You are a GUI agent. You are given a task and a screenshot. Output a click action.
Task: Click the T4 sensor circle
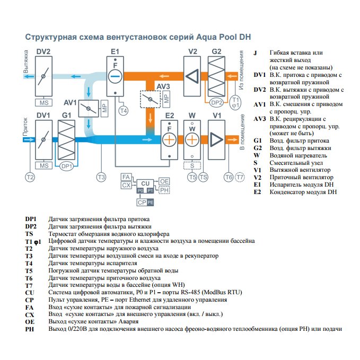123,111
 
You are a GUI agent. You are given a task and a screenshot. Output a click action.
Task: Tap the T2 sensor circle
30,177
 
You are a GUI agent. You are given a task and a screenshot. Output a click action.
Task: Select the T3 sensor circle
101,177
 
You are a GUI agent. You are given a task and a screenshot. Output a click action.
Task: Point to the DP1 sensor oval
66,166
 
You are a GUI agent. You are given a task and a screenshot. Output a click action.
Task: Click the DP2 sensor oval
216,102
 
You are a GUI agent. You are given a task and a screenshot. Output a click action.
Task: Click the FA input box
126,177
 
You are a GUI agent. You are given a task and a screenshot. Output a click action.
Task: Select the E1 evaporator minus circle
116,77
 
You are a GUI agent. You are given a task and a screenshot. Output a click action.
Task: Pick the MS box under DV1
43,166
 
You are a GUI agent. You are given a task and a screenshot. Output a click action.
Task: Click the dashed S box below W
192,166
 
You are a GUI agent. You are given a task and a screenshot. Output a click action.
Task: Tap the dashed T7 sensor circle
241,177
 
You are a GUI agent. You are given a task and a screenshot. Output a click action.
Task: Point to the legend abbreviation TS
29,233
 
